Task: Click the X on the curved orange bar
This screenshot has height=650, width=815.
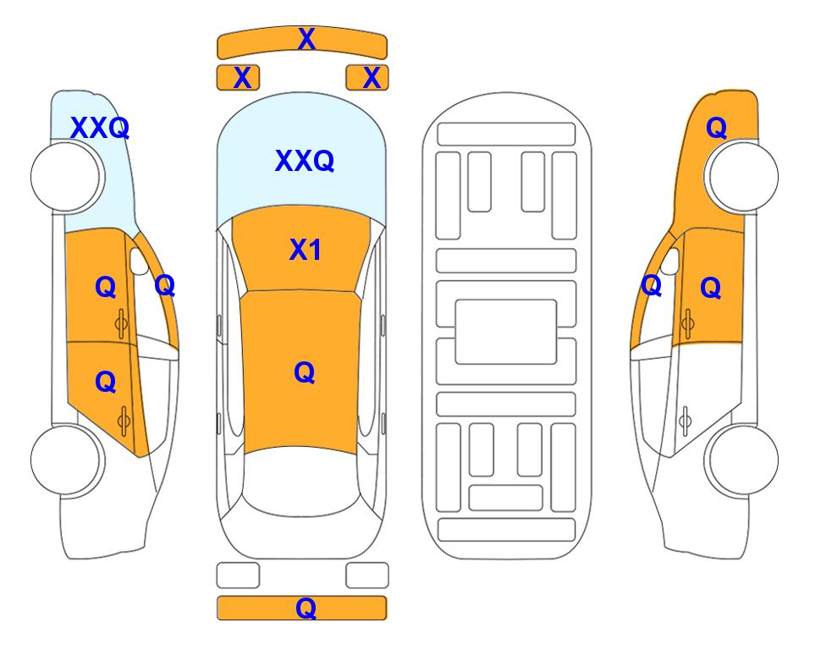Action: click(306, 39)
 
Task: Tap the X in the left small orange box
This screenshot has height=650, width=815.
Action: click(242, 78)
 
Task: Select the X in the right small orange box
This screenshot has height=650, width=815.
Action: click(372, 78)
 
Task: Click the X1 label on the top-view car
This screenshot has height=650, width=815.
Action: click(306, 250)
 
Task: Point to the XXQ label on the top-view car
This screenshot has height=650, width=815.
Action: click(305, 161)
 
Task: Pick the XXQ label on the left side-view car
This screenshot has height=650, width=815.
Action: click(100, 128)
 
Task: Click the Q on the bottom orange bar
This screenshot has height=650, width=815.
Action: click(306, 608)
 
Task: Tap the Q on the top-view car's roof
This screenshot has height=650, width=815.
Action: click(305, 372)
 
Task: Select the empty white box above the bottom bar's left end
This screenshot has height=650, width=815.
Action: click(238, 576)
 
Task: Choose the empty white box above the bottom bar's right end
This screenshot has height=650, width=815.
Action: click(367, 576)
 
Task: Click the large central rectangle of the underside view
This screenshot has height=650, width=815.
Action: click(506, 332)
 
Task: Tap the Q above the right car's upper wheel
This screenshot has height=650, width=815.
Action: click(716, 128)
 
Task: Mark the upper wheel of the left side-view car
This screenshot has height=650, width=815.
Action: click(66, 177)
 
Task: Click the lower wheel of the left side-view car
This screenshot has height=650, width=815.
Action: click(66, 460)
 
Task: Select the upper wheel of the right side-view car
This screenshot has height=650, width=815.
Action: click(743, 177)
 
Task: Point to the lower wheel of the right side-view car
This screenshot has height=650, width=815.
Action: click(743, 460)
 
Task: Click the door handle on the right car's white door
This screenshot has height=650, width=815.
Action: click(686, 421)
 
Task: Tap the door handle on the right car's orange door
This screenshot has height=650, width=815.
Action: click(687, 323)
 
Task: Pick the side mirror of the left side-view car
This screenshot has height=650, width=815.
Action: click(139, 261)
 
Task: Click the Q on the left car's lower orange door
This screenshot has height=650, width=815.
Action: click(106, 383)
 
